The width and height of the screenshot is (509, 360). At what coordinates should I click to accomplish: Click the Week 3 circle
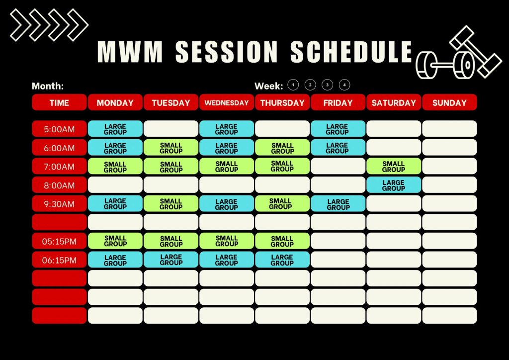point(327,85)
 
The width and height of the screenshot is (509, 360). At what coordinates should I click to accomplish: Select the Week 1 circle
point(293,85)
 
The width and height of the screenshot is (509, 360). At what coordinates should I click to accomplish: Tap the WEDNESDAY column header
point(227,102)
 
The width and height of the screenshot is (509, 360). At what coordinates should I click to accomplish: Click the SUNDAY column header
point(449,102)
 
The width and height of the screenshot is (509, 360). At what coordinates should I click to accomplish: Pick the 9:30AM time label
point(60,204)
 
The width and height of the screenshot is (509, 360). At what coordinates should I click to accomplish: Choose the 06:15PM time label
point(60,260)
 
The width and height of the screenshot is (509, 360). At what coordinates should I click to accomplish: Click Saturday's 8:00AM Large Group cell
point(394,185)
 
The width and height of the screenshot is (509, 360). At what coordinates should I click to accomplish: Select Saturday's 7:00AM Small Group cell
point(394,166)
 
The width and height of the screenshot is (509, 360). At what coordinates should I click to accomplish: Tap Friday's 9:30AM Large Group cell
point(338,204)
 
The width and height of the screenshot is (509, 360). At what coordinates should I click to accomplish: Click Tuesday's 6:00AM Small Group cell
point(171,148)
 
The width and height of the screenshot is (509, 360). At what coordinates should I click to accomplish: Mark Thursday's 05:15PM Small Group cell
point(282,241)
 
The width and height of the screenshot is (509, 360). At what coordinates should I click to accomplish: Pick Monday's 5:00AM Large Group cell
point(115,129)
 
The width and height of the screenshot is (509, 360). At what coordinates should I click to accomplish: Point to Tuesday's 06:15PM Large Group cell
point(171,260)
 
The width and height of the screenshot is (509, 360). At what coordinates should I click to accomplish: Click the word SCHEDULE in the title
point(351,52)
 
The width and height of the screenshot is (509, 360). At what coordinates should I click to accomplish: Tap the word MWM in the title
point(130,52)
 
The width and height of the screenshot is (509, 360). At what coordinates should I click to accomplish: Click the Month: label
point(48,86)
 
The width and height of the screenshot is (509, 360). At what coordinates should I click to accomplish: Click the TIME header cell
point(60,102)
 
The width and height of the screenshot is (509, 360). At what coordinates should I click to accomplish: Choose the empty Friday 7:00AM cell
point(338,166)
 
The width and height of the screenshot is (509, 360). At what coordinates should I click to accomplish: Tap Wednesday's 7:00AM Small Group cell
point(227,166)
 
